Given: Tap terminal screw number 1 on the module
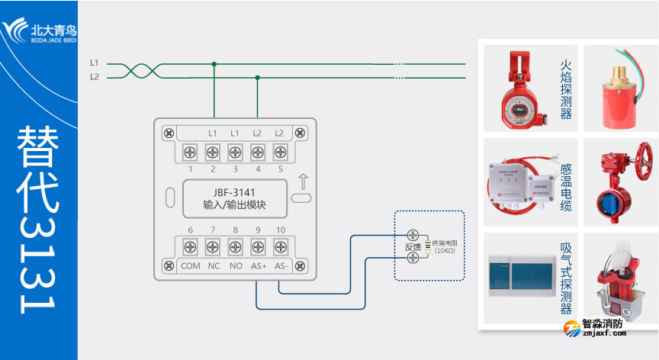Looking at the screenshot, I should tap(190, 151).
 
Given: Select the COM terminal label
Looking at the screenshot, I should tap(190, 266).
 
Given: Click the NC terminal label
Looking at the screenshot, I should tap(214, 266).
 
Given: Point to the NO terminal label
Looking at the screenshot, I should tap(235, 266).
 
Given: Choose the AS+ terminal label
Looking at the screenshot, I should tap(259, 266).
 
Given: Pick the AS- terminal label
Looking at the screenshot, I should tap(281, 266).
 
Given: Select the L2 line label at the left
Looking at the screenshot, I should tap(95, 76).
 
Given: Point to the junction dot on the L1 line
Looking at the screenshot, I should tap(214, 64).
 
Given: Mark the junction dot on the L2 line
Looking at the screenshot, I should tap(257, 77).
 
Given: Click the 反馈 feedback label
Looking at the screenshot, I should tap(413, 246).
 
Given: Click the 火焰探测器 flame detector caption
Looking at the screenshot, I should tap(566, 91).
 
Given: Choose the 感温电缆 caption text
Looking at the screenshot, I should tap(566, 188).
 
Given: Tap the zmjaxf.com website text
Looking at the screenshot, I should tap(603, 333).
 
